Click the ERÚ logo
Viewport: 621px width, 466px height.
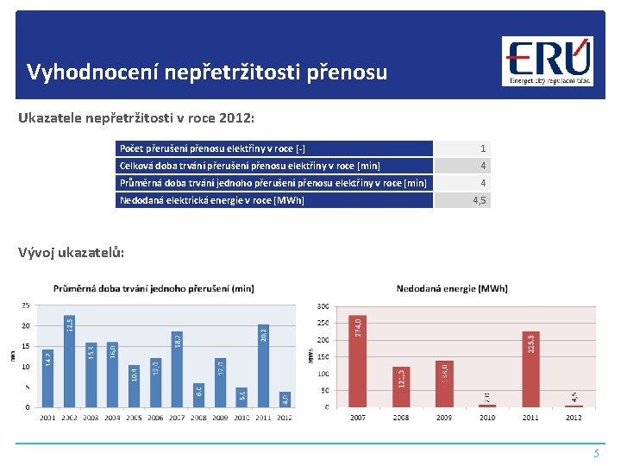tap(549, 61)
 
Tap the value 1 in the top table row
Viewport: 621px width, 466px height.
tap(483, 148)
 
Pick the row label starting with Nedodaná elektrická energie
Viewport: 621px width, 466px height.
tap(210, 200)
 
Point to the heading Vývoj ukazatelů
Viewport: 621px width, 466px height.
tap(72, 253)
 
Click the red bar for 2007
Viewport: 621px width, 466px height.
tap(359, 361)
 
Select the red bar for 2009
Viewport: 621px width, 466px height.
tap(444, 384)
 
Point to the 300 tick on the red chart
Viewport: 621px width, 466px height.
tap(323, 306)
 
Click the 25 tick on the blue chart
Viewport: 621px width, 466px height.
tap(26, 305)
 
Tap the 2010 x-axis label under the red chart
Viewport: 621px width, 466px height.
tap(487, 418)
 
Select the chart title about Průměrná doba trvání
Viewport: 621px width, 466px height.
tap(154, 288)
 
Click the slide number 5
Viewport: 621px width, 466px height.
tap(595, 453)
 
